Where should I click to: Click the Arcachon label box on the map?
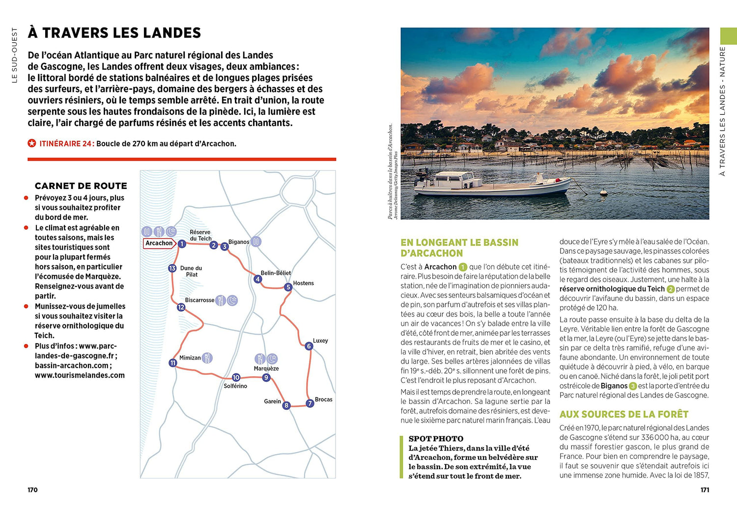tap(159, 243)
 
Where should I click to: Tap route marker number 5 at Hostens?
tap(288, 287)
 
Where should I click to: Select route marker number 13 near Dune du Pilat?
tap(172, 268)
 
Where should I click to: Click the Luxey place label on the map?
tap(320, 341)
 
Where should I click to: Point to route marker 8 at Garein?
tap(286, 405)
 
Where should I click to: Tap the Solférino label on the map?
tap(235, 386)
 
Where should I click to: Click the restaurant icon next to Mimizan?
tap(207, 358)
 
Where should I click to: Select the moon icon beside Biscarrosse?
tap(232, 300)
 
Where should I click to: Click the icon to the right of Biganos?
tap(256, 241)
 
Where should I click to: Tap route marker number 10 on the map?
tap(236, 377)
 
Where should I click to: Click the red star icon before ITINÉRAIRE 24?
tap(32, 144)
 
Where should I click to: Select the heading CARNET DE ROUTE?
tap(81, 186)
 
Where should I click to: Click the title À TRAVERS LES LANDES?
tap(114, 33)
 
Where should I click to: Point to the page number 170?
tap(32, 490)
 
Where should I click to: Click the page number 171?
tap(705, 490)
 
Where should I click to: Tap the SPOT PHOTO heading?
tap(436, 439)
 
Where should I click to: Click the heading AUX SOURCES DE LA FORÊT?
tap(624, 414)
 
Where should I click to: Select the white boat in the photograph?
tap(491, 184)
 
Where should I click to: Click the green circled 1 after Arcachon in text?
tap(462, 267)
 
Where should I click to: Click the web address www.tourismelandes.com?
tap(80, 375)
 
